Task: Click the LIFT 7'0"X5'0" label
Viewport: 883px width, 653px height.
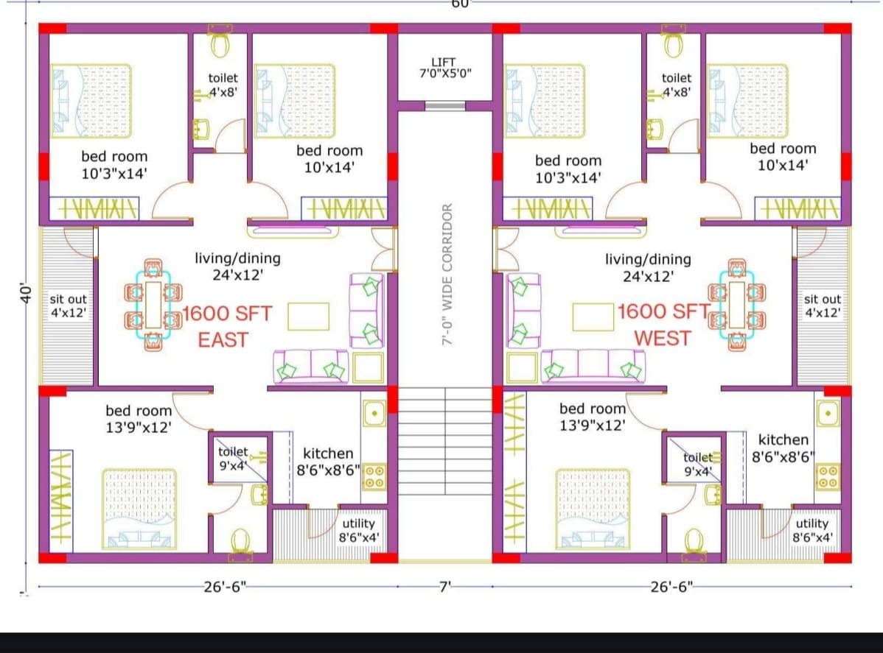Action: [445, 68]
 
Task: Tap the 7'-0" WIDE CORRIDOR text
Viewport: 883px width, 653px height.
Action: [447, 274]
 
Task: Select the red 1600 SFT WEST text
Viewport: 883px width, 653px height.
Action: [664, 325]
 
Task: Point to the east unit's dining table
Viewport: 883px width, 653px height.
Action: [153, 305]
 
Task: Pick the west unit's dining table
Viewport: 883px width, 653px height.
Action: [737, 305]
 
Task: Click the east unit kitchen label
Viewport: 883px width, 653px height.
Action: [328, 462]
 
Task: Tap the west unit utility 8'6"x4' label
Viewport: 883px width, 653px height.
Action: [812, 530]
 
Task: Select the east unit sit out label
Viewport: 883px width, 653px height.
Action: [68, 306]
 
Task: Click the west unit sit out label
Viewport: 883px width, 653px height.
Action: [822, 306]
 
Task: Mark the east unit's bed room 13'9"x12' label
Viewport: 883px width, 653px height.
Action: [139, 419]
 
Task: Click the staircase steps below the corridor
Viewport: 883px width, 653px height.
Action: [445, 441]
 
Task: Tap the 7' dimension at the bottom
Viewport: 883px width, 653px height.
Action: [445, 587]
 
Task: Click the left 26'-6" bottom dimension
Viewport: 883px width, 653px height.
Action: [226, 587]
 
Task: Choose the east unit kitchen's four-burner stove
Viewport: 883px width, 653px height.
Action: [374, 476]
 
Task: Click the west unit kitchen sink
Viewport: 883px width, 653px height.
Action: [828, 414]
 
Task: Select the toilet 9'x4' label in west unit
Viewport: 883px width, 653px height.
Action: [698, 464]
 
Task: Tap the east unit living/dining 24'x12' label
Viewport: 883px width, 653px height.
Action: [237, 266]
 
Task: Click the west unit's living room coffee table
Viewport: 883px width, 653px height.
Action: [593, 317]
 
